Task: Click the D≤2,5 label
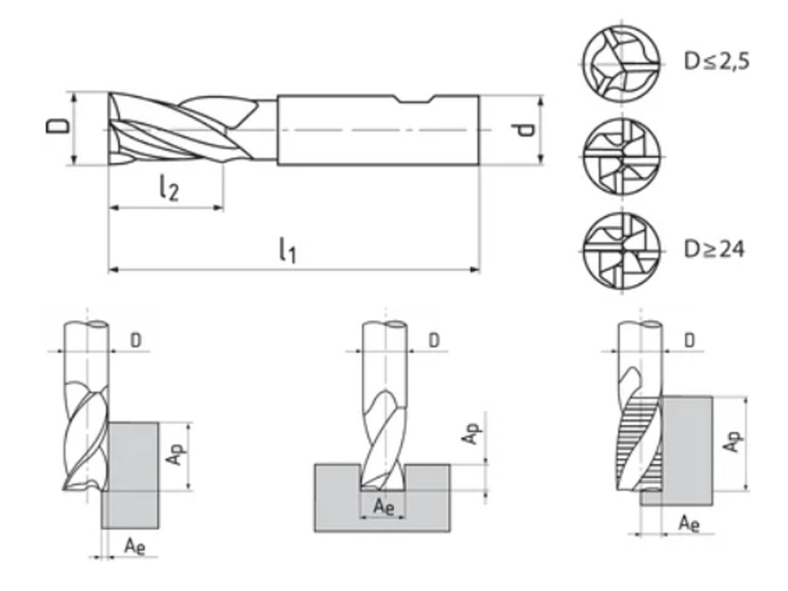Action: click(x=716, y=60)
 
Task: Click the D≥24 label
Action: click(x=714, y=249)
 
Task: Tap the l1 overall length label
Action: click(x=287, y=249)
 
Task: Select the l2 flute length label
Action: click(x=169, y=189)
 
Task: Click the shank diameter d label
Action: click(x=526, y=129)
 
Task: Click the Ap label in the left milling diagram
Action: click(x=176, y=455)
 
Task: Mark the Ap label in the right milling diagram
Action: click(x=734, y=442)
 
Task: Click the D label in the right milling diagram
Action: click(x=690, y=339)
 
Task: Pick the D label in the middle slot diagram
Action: click(x=435, y=339)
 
